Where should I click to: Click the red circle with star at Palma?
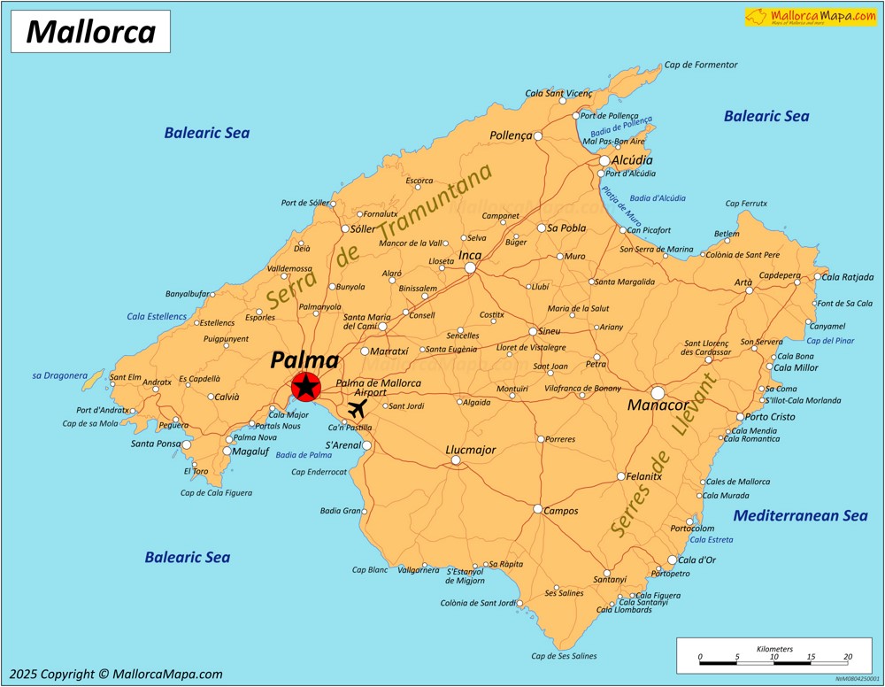click(305, 386)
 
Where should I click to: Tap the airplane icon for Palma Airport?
click(358, 408)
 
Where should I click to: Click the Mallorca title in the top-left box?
click(90, 32)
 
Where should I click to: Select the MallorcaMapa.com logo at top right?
click(811, 16)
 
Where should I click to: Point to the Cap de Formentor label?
click(700, 65)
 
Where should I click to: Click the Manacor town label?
click(658, 405)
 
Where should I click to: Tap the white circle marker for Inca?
click(471, 267)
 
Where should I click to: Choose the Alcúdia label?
click(632, 160)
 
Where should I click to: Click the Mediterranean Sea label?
click(800, 515)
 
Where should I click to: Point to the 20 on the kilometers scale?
click(848, 656)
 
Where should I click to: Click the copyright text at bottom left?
click(117, 674)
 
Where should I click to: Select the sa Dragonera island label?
click(59, 375)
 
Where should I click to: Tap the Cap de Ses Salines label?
click(564, 656)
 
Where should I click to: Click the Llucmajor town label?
click(470, 450)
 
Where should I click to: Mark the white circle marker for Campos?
click(537, 508)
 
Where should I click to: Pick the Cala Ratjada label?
click(847, 277)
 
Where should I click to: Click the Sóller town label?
click(363, 228)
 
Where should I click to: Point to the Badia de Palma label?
click(303, 455)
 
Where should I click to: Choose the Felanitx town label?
click(643, 476)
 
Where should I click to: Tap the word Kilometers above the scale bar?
click(774, 649)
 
